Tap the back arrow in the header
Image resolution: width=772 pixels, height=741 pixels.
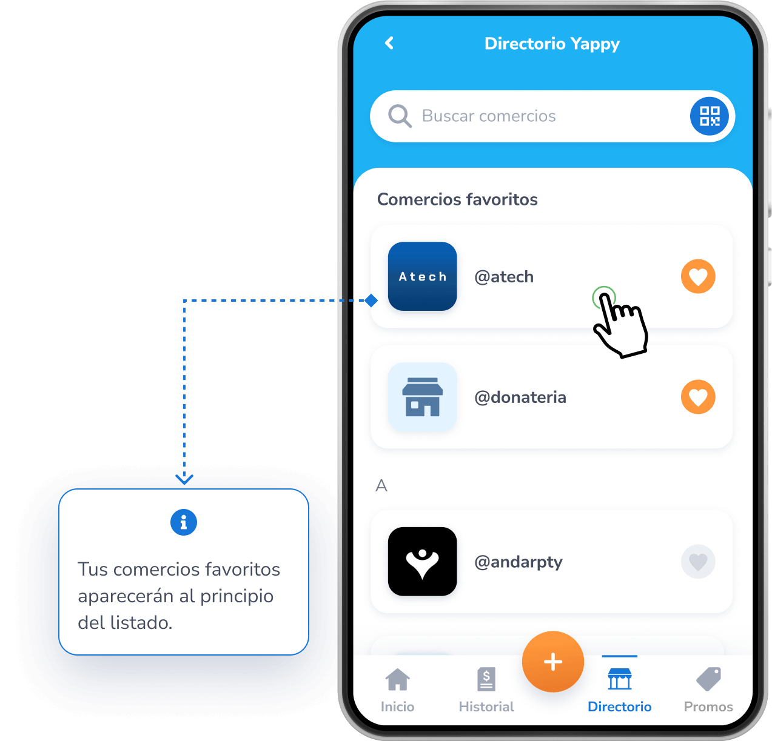(x=389, y=43)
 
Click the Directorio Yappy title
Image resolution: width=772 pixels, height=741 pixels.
(x=552, y=44)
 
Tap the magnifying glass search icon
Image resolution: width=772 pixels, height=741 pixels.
(x=400, y=116)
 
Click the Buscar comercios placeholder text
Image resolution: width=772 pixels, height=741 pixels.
(x=489, y=116)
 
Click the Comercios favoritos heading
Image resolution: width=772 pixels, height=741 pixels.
(x=457, y=199)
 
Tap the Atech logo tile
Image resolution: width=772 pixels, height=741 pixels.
(x=422, y=276)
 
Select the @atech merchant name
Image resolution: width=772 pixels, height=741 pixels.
(x=504, y=277)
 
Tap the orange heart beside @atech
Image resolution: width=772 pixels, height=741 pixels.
(x=698, y=276)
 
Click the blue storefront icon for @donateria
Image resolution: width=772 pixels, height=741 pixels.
(x=422, y=397)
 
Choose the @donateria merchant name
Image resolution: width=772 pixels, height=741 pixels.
(x=520, y=397)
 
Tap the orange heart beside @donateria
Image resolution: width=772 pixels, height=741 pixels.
(x=698, y=397)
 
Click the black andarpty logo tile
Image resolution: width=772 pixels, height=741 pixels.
(x=422, y=561)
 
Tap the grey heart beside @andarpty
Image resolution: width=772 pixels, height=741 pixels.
(x=698, y=562)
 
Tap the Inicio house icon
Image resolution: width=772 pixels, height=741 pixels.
(x=397, y=680)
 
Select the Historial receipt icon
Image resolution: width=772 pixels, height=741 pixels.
(x=486, y=679)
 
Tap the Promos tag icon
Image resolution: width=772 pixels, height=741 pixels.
(x=708, y=679)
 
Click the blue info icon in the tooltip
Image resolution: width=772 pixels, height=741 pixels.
(x=184, y=522)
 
